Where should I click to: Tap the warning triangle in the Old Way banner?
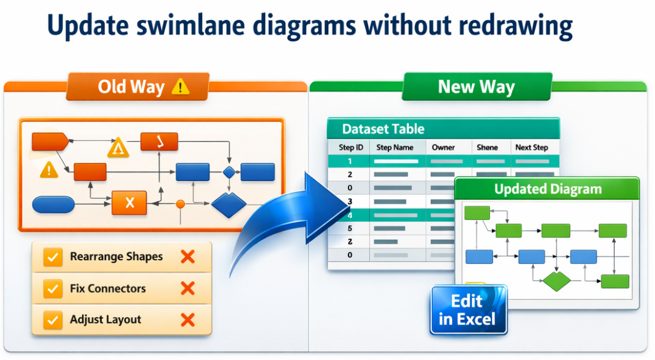coord(181,87)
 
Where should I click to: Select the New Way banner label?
coord(476,87)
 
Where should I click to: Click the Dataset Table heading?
coord(383,129)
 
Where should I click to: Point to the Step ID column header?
coord(350,148)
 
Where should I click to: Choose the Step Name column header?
coord(395,148)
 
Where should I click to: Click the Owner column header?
coord(443,148)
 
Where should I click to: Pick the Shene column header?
coord(487,148)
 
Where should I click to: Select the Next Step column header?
coord(532,148)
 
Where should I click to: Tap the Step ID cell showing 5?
coord(350,228)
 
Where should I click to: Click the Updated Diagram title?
coord(548,189)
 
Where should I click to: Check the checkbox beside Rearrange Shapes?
coord(52,257)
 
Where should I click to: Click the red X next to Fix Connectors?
coord(187,288)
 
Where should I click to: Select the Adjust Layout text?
coord(106,320)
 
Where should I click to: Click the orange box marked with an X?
coord(129,203)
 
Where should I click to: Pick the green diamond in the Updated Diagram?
coord(556,281)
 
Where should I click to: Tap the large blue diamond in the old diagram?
coord(228,205)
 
